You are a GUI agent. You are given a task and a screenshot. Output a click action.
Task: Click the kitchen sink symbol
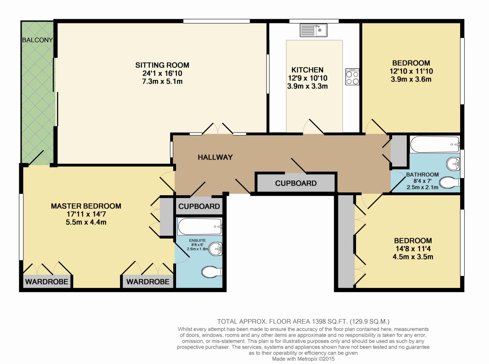click(x=313, y=30)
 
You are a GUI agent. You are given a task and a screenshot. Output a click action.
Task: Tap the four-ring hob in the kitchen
click(x=352, y=77)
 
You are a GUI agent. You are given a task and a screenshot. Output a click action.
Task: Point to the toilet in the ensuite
click(x=212, y=272)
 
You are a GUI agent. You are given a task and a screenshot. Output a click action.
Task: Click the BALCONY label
click(x=37, y=40)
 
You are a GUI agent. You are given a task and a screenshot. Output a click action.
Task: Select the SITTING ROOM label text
click(x=162, y=65)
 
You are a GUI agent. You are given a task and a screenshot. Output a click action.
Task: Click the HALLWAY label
click(x=215, y=157)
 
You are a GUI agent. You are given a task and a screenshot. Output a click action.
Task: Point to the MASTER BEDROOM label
click(x=86, y=206)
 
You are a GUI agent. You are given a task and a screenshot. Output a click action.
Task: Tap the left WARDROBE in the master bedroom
click(x=47, y=282)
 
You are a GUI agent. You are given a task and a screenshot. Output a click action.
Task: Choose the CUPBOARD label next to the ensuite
click(x=199, y=206)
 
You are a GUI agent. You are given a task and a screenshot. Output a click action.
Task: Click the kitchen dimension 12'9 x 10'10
click(x=307, y=78)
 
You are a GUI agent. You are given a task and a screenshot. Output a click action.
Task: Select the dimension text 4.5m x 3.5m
click(x=413, y=257)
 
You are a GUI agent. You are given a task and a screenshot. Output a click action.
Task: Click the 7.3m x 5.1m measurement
click(x=162, y=81)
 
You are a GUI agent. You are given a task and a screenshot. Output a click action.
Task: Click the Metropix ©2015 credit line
click(x=303, y=359)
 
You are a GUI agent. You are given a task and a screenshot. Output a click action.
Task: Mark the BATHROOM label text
click(x=422, y=175)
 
